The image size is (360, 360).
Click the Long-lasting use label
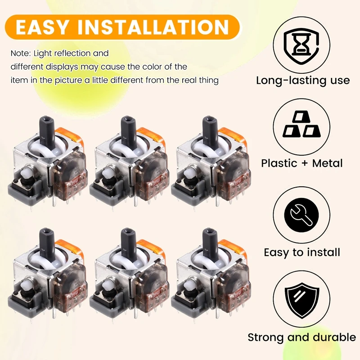click(303, 81)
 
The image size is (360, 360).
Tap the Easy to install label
click(302, 252)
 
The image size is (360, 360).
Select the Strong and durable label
click(302, 337)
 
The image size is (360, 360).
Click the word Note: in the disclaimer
click(21, 53)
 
